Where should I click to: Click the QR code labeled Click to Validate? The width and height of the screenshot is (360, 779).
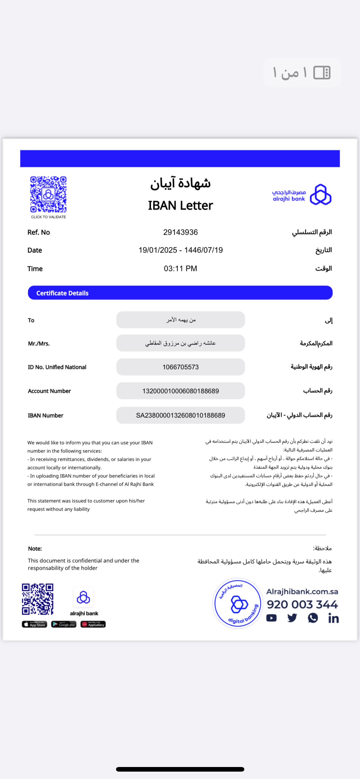click(x=48, y=194)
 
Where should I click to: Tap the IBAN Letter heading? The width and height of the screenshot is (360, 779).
click(x=180, y=206)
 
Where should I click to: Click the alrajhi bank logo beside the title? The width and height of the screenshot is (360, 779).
click(x=320, y=194)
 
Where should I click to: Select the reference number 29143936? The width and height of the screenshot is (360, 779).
click(x=180, y=232)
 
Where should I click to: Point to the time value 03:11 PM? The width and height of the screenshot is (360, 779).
click(x=180, y=269)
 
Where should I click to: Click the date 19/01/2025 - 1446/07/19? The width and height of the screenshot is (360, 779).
click(x=180, y=250)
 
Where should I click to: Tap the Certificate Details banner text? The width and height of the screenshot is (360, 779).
click(x=62, y=293)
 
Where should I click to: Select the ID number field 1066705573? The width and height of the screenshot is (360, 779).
click(x=180, y=367)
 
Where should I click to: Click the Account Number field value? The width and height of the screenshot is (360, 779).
click(x=180, y=391)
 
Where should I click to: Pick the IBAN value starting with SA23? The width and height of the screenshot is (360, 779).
click(x=180, y=415)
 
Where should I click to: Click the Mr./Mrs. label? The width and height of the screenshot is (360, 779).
click(x=39, y=344)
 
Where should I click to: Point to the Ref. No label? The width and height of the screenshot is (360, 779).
click(x=38, y=232)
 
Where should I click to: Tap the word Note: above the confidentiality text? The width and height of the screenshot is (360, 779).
click(x=35, y=549)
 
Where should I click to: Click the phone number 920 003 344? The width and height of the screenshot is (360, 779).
click(x=302, y=605)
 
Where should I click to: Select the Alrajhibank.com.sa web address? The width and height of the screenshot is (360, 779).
click(x=302, y=592)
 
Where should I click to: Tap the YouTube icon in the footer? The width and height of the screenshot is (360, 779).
click(x=271, y=618)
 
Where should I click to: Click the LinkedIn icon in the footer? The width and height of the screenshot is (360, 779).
click(x=333, y=618)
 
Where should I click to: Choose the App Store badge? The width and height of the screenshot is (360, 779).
click(x=34, y=624)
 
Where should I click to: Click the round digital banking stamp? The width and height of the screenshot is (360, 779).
click(x=238, y=603)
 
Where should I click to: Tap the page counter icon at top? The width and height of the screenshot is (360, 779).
click(x=322, y=73)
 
